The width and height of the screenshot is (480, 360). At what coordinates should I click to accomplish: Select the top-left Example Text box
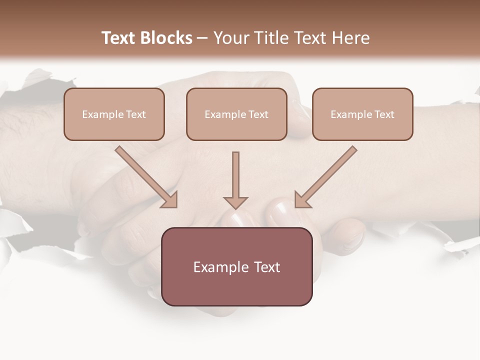click(x=114, y=114)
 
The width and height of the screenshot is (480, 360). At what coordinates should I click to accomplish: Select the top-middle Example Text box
click(x=236, y=114)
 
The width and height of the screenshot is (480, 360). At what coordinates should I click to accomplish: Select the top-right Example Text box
click(x=362, y=114)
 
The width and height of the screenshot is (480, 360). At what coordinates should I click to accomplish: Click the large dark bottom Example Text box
click(x=237, y=266)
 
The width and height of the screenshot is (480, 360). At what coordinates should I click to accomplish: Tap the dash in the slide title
click(x=202, y=38)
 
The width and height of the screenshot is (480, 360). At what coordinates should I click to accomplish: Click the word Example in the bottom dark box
click(x=218, y=267)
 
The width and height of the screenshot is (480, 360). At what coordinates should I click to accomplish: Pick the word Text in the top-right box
click(x=384, y=114)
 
